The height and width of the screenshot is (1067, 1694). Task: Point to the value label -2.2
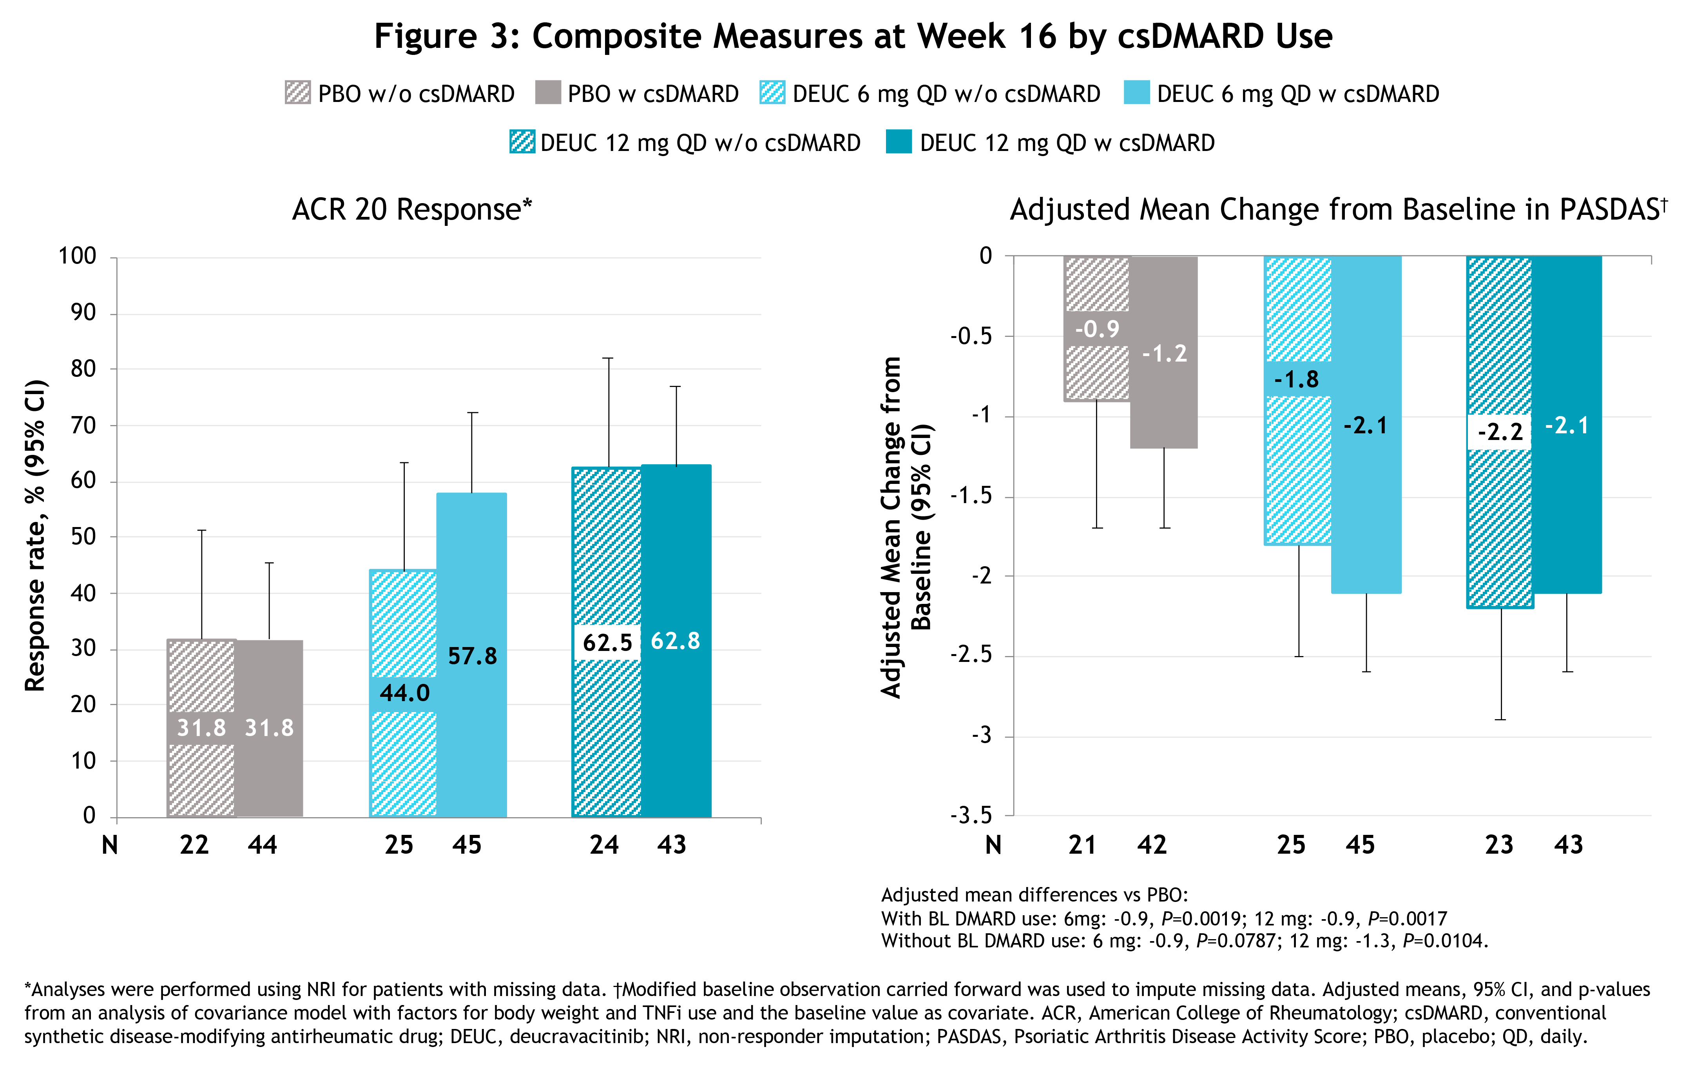[x=1500, y=431]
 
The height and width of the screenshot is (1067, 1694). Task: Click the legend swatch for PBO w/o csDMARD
[x=297, y=93]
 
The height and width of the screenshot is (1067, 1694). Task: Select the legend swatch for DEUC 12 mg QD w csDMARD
[x=899, y=142]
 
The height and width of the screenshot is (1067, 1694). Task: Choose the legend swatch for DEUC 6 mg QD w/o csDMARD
[x=772, y=93]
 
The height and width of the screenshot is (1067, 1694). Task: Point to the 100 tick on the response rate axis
[x=77, y=256]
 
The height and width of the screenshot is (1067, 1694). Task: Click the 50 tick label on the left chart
[x=83, y=536]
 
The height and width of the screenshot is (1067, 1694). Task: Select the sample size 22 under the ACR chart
[x=194, y=845]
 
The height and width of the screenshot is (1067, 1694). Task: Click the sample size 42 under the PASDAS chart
[x=1152, y=845]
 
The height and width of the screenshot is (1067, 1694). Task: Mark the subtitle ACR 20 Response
[x=411, y=210]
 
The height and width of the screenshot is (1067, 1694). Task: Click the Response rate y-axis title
[x=35, y=535]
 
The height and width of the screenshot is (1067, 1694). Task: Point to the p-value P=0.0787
[x=1235, y=941]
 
